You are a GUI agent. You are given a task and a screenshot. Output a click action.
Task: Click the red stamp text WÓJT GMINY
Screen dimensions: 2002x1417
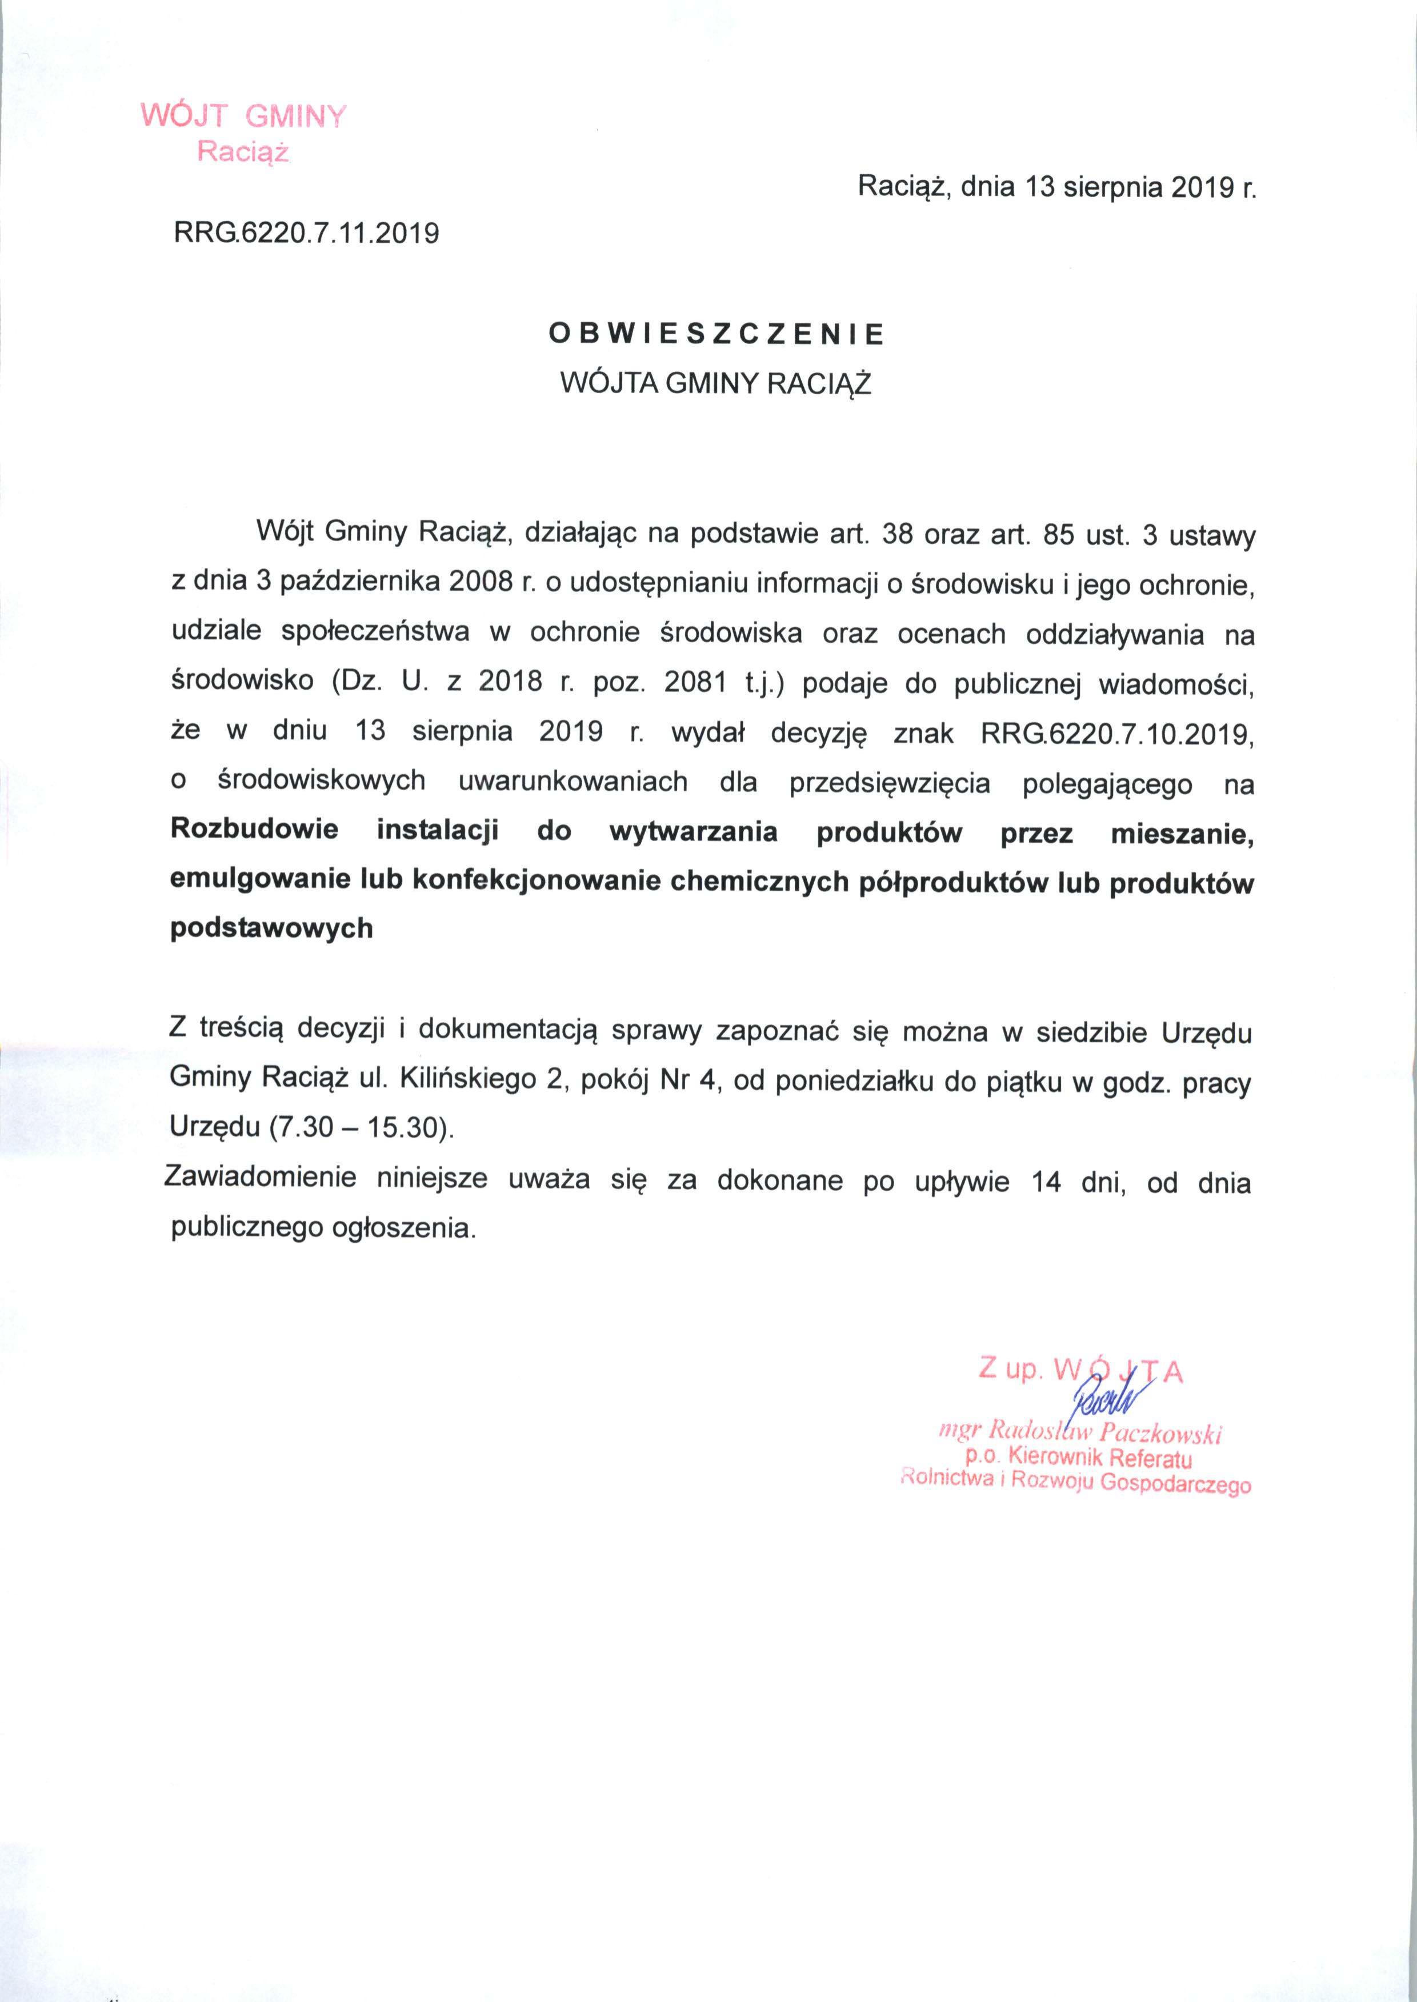[243, 116]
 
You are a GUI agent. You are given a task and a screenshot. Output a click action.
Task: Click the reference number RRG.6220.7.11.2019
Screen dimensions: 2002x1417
[306, 233]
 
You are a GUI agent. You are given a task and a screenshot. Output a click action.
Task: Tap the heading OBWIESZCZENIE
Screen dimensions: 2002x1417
[715, 335]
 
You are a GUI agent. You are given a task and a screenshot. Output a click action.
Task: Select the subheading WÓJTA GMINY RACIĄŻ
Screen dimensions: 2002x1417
[715, 384]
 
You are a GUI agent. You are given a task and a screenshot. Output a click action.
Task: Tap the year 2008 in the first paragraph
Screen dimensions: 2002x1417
[479, 583]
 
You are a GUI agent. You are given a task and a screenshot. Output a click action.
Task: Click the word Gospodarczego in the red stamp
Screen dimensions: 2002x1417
[1176, 1484]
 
